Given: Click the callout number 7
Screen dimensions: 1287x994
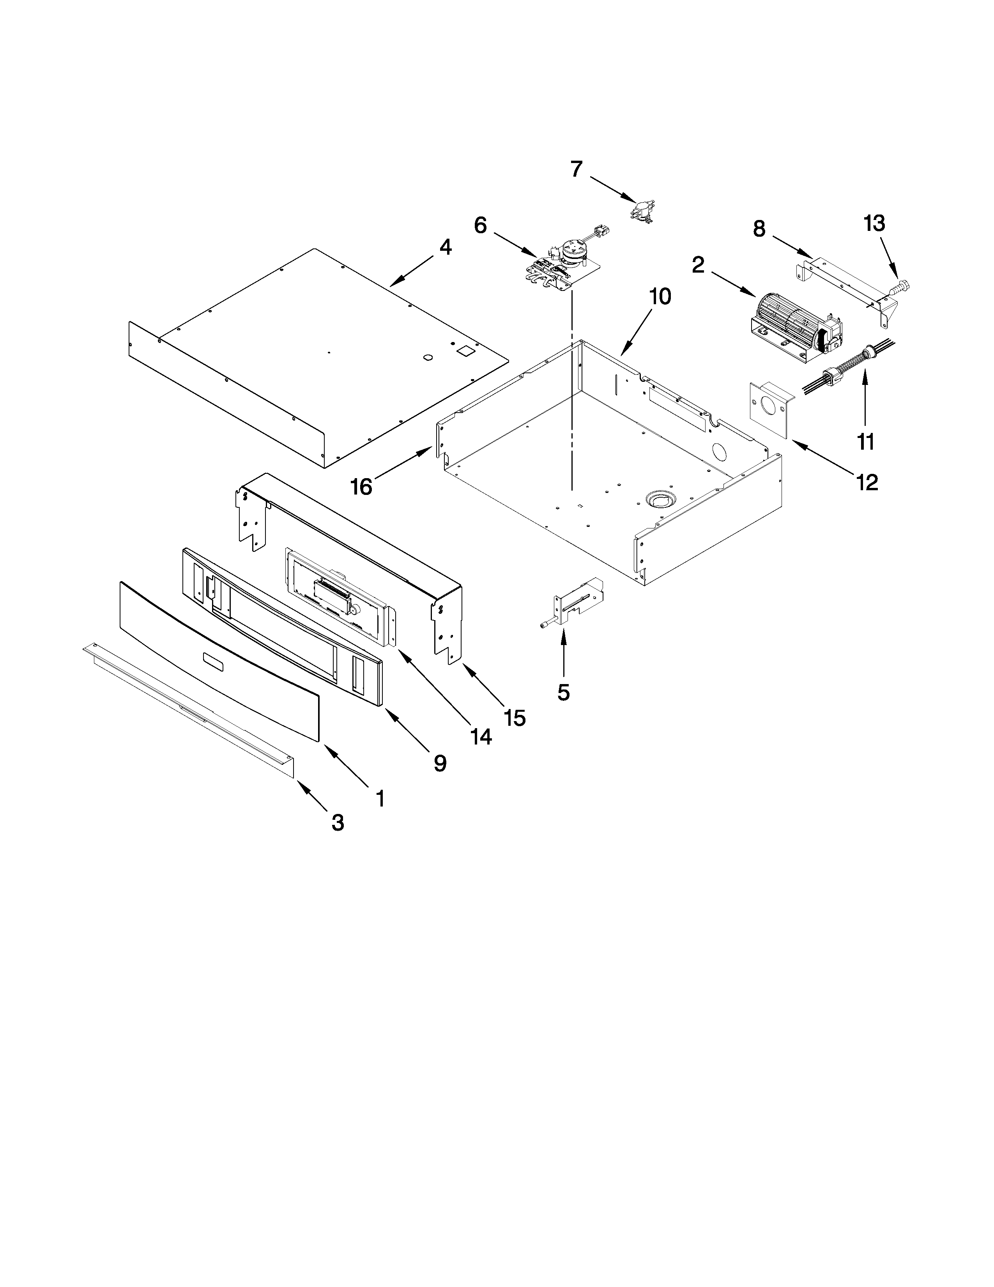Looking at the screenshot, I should tap(577, 169).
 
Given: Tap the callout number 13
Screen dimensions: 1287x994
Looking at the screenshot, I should tap(874, 224).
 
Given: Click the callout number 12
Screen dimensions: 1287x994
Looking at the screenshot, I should tap(867, 483).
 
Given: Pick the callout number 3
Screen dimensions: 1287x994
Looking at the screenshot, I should tap(338, 822).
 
